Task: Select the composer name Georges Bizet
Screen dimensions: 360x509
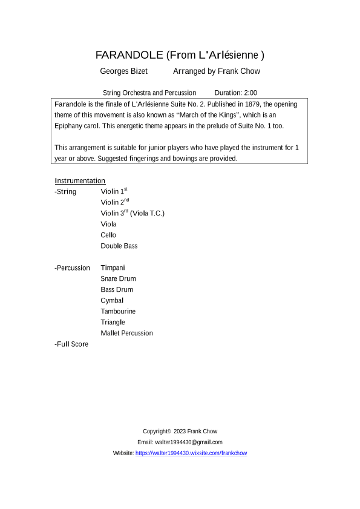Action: (124, 71)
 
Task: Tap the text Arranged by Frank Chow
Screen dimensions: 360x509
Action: (217, 71)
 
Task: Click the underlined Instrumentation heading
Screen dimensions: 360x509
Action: (80, 181)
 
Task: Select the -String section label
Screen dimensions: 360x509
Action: (65, 192)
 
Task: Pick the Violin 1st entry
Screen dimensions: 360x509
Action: (114, 192)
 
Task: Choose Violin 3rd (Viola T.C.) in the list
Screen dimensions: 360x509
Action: (133, 214)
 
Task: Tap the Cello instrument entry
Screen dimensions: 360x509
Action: (109, 235)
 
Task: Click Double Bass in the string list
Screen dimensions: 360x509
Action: (119, 246)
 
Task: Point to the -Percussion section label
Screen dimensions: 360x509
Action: (72, 268)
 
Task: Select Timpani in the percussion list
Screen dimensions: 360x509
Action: (113, 268)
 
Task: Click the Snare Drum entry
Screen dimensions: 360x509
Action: (119, 278)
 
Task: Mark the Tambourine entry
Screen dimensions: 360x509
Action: (118, 311)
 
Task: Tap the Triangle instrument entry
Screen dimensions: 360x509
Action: (113, 322)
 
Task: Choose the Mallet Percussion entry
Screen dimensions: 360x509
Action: (127, 333)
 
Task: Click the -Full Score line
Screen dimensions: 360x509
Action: (71, 344)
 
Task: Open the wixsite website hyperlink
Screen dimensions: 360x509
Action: (191, 453)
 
